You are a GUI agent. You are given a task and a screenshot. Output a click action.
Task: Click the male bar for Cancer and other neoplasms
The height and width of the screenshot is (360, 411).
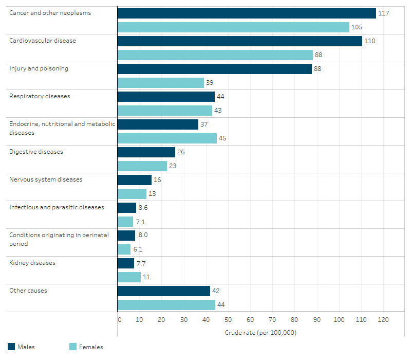pos(247,13)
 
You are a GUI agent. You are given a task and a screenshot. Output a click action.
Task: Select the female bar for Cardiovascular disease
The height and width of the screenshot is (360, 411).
pos(215,55)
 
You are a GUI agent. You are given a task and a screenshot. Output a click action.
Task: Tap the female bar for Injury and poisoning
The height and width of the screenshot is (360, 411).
pos(161,83)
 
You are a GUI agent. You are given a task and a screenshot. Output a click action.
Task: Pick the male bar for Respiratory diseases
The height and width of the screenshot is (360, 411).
pos(166,97)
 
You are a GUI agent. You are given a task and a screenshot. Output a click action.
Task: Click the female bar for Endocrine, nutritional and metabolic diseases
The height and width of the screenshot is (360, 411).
pos(167,138)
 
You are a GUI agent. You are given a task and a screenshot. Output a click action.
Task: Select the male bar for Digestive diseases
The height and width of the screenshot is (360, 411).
pos(146,152)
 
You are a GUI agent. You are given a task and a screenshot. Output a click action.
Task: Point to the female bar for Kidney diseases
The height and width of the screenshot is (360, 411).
pos(129,277)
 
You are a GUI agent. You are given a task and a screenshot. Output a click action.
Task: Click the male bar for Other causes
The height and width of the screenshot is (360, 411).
pos(163,291)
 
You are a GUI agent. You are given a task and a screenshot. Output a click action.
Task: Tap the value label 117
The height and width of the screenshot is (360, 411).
pos(383,13)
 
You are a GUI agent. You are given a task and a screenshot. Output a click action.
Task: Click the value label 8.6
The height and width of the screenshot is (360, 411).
pos(143,208)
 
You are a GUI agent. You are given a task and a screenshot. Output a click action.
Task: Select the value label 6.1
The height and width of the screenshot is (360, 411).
pos(138,249)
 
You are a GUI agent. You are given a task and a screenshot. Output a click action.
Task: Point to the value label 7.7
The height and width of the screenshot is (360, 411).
pos(141,263)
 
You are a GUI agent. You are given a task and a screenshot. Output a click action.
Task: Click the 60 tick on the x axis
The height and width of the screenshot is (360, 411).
pos(250,320)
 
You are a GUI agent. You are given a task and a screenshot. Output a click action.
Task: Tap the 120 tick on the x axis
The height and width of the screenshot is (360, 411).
pos(383,320)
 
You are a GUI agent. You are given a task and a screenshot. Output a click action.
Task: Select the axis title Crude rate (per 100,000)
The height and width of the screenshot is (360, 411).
pos(260,333)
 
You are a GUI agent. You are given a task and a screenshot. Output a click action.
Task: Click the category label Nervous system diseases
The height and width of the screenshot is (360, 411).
pos(46,179)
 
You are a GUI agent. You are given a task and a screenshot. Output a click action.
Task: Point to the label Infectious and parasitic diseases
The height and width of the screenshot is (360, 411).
pos(57,207)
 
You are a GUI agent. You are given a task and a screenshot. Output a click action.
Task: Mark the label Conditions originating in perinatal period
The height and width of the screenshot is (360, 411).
pos(59,239)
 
